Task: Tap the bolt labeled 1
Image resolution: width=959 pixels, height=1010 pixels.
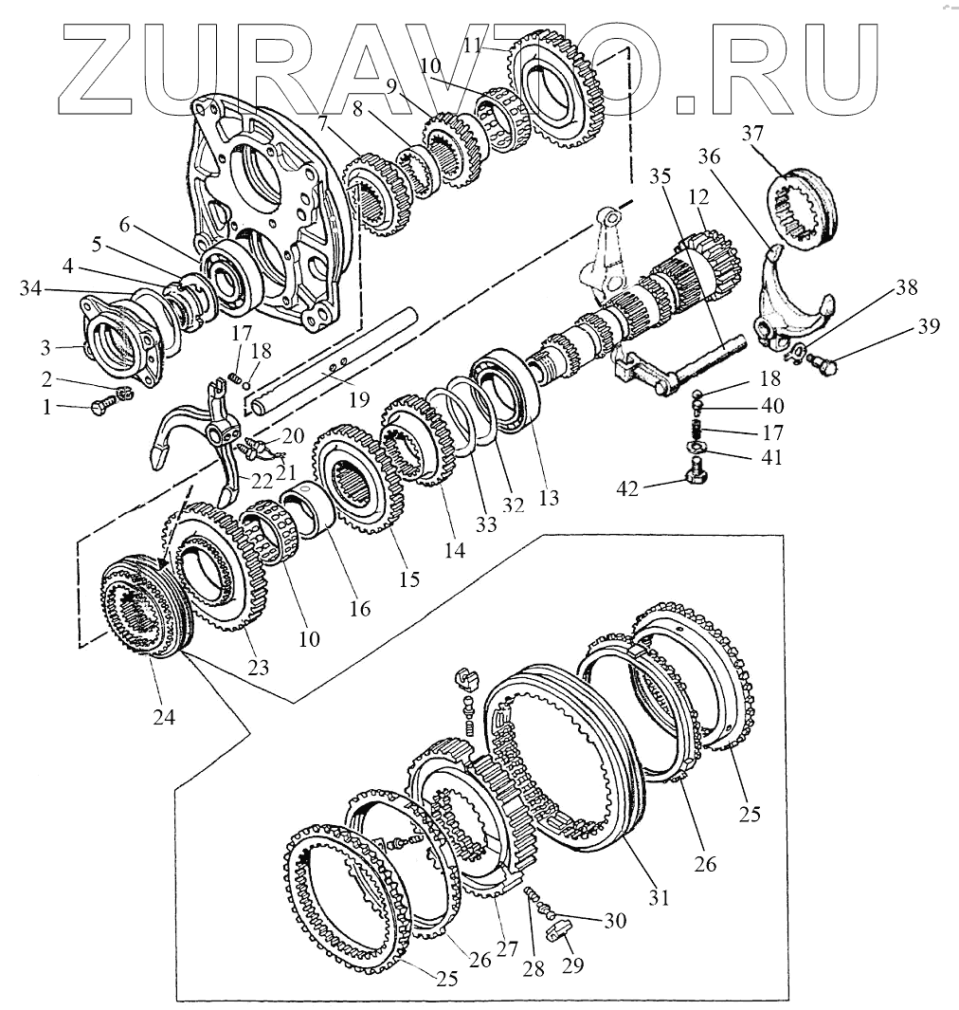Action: pos(98,408)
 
